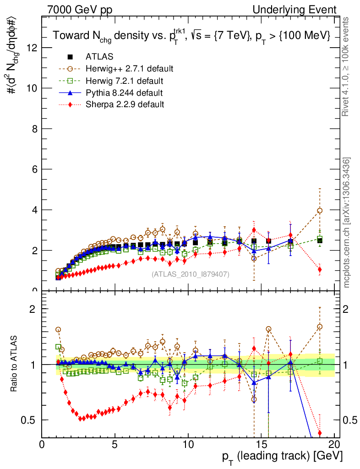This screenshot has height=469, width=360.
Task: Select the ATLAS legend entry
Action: pyautogui.click(x=99, y=57)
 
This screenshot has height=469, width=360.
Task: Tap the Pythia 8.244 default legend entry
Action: pyautogui.click(x=124, y=93)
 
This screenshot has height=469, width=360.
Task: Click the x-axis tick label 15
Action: pyautogui.click(x=261, y=444)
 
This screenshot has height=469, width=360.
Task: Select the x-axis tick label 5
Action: pyautogui.click(x=115, y=444)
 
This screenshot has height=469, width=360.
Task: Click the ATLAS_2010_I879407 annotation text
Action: pyautogui.click(x=190, y=274)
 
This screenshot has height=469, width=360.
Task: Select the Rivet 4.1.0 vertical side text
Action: pyautogui.click(x=347, y=66)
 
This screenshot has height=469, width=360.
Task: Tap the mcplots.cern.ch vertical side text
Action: pyautogui.click(x=347, y=222)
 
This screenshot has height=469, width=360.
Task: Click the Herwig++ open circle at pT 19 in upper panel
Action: pyautogui.click(x=320, y=211)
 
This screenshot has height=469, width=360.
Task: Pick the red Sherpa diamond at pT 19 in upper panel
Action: pyautogui.click(x=320, y=269)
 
